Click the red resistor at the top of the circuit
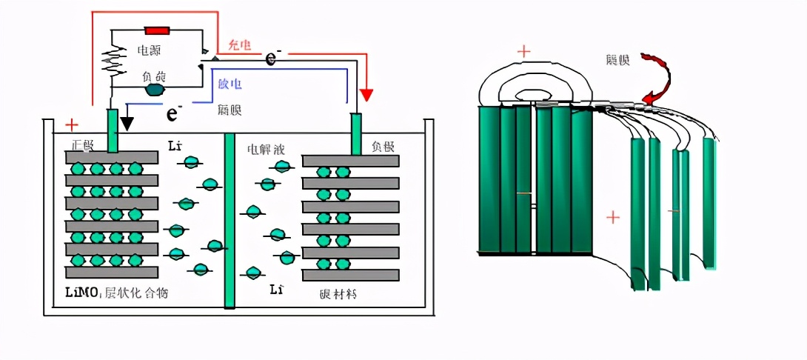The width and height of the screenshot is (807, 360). tap(157, 30)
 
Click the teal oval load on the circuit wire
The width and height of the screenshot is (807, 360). tap(155, 90)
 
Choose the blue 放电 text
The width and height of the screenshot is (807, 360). tap(230, 84)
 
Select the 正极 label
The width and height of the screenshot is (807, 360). tap(83, 143)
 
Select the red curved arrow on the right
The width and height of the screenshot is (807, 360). tap(657, 79)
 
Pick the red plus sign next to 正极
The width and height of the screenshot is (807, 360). tap(72, 124)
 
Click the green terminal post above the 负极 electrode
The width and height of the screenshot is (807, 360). tap(356, 133)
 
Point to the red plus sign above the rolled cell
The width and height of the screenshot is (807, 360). tap(523, 51)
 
